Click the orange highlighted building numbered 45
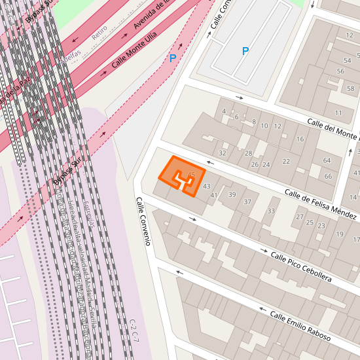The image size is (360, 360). coord(183,175)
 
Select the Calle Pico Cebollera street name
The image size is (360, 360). coord(300,267)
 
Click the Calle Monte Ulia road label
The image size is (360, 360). coord(134,53)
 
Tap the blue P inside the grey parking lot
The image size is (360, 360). coord(245,51)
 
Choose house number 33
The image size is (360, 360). coord(271,211)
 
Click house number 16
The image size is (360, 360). coord(300,139)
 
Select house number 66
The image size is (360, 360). coord(328,177)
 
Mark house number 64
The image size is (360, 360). coord(327,160)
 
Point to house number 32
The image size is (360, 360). coord(223,153)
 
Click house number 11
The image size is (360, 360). coord(338,113)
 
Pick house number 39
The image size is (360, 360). coord(232,194)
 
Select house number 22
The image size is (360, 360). coord(286,162)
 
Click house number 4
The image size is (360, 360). coord(224,111)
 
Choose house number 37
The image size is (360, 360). coord(247,202)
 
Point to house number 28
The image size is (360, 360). coord(248,153)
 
